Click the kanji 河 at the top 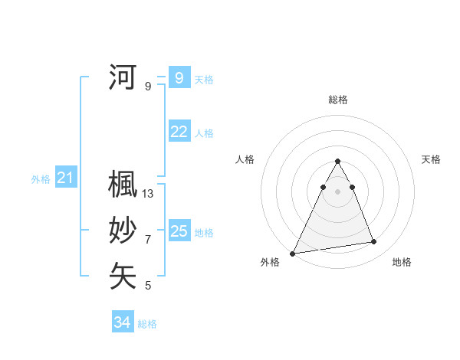(x=123, y=77)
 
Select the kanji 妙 (x=123, y=231)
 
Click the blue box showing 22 (x=179, y=132)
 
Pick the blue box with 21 (x=66, y=178)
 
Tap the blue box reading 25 (x=179, y=231)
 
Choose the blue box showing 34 (x=123, y=322)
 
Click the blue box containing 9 (x=179, y=78)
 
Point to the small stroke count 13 (x=148, y=194)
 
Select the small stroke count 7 (x=148, y=240)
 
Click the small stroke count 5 (x=148, y=286)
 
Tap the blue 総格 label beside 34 (x=147, y=324)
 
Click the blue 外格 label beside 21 (x=41, y=179)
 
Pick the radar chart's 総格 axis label (x=337, y=100)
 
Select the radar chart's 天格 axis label (x=431, y=159)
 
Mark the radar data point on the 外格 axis (x=292, y=253)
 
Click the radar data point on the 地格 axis (x=374, y=242)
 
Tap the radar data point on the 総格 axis (x=337, y=161)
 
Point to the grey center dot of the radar (x=337, y=191)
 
